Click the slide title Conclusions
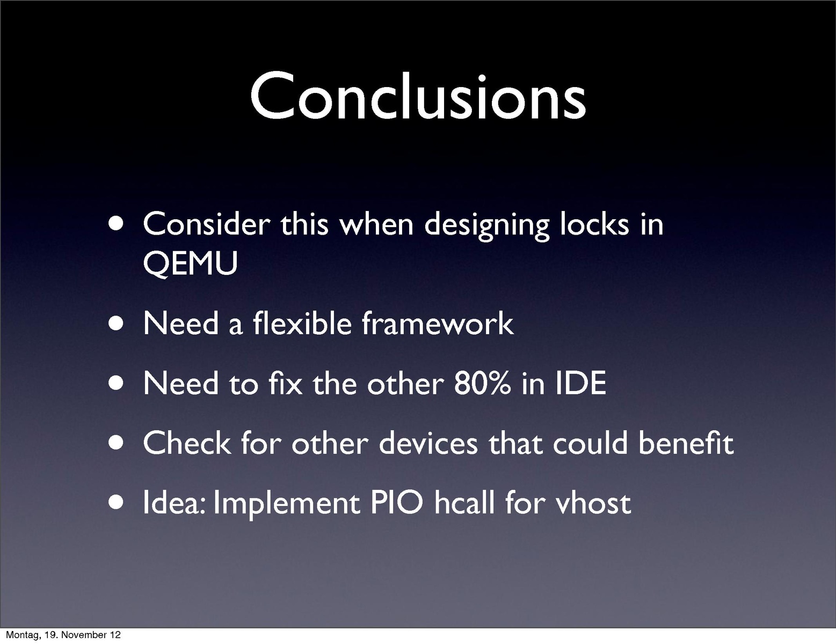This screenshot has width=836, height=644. point(418,96)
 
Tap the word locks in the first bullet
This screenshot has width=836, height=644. point(594,224)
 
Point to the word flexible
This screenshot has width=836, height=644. point(302,323)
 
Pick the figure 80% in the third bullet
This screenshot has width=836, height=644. point(483,383)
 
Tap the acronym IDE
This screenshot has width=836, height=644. point(581,383)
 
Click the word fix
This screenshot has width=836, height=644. point(286,383)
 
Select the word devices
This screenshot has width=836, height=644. point(428,443)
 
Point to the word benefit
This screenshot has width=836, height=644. point(686,443)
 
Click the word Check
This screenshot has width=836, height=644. point(187,443)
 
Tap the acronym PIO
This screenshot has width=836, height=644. point(396,503)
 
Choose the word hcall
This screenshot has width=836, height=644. point(464,502)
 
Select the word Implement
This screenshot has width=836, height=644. point(286,504)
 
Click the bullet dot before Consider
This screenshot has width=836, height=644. point(116,224)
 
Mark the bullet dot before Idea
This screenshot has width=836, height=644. point(116,502)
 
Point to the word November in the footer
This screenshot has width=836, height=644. point(82,635)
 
